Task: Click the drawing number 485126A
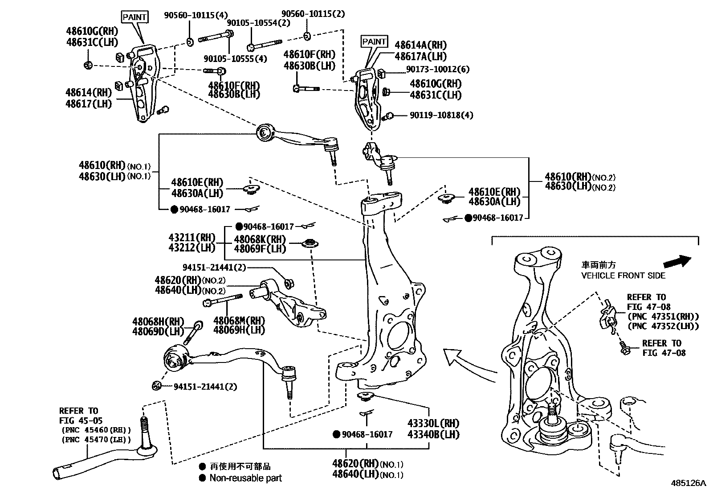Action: (x=689, y=483)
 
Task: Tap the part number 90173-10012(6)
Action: (x=437, y=70)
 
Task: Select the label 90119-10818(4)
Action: (x=441, y=115)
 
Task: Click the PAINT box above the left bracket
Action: (x=134, y=17)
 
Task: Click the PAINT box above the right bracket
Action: (x=374, y=41)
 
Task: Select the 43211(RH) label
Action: (x=192, y=238)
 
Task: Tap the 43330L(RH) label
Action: (x=433, y=423)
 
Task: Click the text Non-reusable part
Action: (x=246, y=478)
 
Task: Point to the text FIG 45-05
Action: (x=81, y=420)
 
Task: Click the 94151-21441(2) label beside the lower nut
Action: (x=205, y=386)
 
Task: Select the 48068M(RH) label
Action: (x=239, y=321)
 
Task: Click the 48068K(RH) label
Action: (x=260, y=239)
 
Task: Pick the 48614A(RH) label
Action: (x=420, y=45)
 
